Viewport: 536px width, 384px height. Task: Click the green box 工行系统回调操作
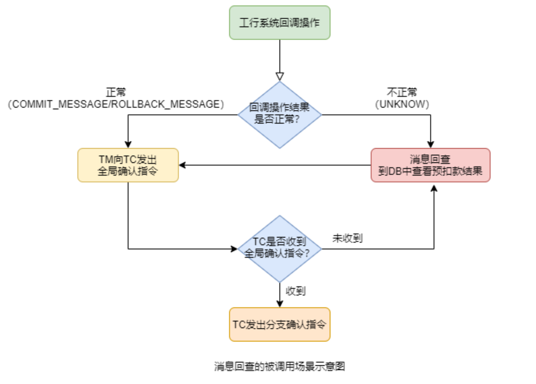[279, 23]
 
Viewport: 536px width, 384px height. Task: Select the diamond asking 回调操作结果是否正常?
[279, 114]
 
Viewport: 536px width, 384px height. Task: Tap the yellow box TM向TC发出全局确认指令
[128, 165]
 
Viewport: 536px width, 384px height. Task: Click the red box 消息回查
[430, 165]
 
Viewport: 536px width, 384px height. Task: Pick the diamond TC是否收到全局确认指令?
[279, 249]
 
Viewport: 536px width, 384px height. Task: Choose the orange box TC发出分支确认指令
[279, 324]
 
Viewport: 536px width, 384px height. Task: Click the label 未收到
[347, 238]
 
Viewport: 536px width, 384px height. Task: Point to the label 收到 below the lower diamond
[296, 291]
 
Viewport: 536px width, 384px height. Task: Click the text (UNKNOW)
[402, 104]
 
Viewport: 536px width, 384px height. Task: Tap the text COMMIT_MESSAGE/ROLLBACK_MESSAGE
[116, 104]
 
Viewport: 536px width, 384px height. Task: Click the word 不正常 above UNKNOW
[402, 92]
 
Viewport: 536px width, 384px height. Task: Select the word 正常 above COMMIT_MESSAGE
[116, 92]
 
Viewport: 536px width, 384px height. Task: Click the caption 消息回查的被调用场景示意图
[279, 366]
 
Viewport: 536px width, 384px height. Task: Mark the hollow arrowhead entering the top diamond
[279, 77]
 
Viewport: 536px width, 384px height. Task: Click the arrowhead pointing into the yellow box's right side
[183, 165]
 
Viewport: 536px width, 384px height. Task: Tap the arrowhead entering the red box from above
[431, 144]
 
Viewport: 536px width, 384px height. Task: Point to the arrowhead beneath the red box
[434, 188]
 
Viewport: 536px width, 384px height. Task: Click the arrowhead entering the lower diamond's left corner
[234, 249]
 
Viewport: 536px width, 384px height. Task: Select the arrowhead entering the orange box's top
[279, 304]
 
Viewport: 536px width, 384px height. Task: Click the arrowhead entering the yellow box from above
[128, 144]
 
